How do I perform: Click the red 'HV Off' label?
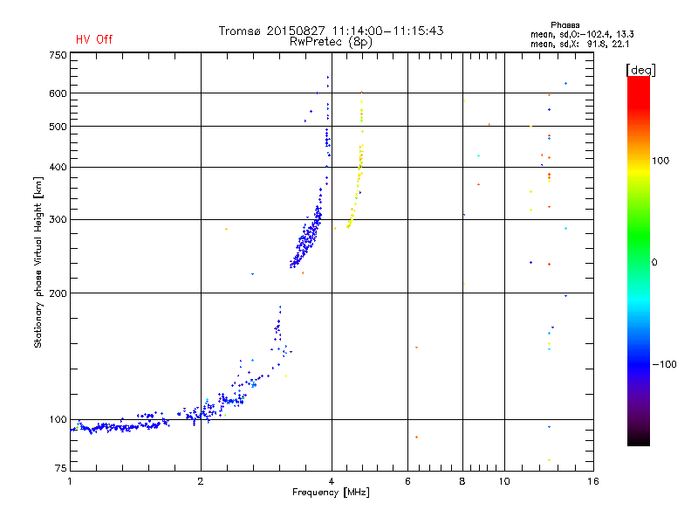click(x=93, y=39)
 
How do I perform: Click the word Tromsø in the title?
click(x=241, y=31)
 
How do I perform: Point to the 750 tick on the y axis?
click(x=58, y=55)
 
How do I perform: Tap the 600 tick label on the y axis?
click(x=58, y=93)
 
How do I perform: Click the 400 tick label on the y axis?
click(x=58, y=167)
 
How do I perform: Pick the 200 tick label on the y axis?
click(x=58, y=293)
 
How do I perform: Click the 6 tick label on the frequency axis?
click(x=407, y=481)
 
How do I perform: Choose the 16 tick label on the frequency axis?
click(x=592, y=481)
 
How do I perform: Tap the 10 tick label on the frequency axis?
click(x=503, y=481)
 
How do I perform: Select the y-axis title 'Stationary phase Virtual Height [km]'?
click(x=38, y=263)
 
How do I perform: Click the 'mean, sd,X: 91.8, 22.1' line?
click(x=578, y=43)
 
